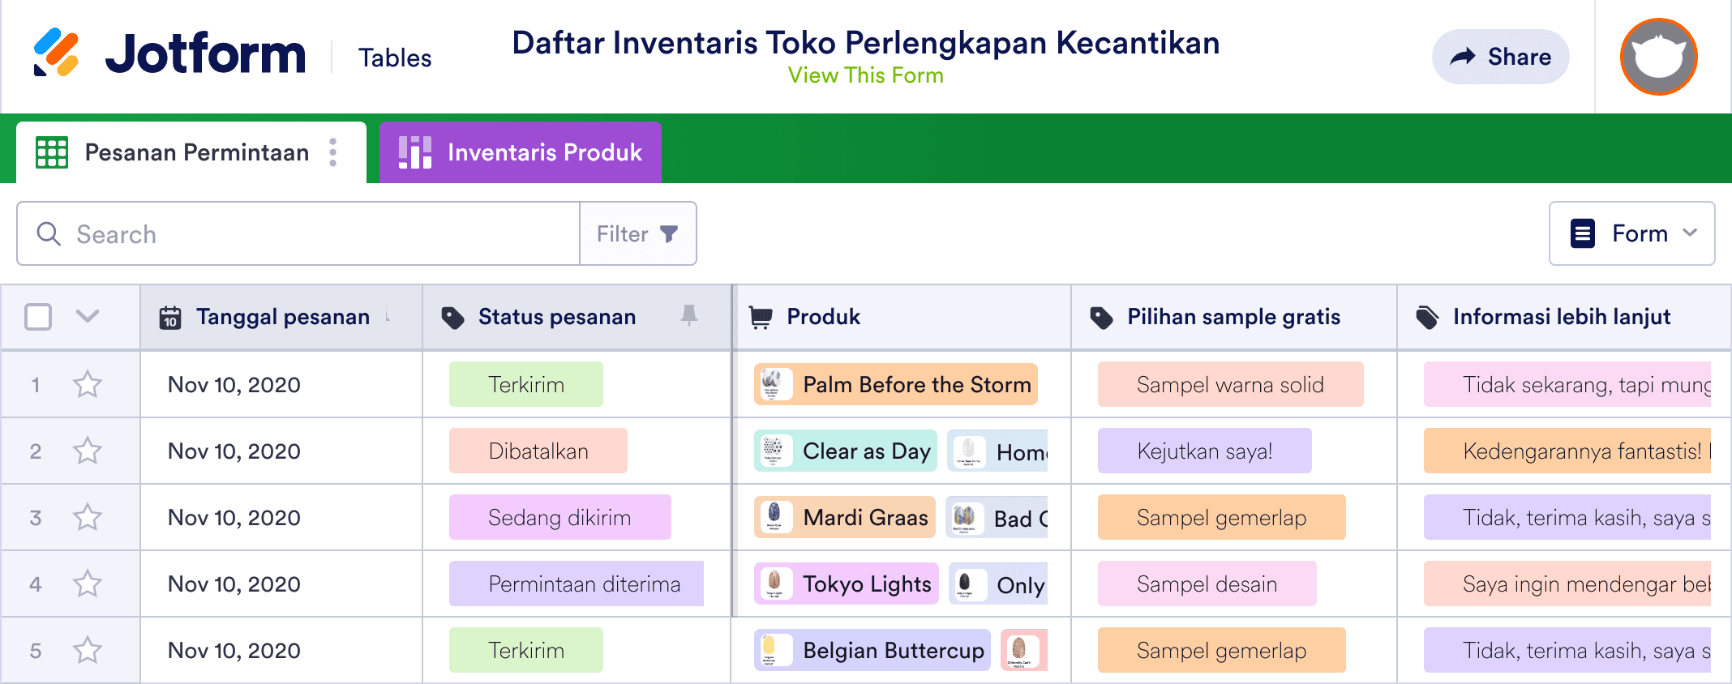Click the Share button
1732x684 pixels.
(x=1500, y=57)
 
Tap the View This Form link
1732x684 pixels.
(x=865, y=75)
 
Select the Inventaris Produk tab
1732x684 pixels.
(x=521, y=152)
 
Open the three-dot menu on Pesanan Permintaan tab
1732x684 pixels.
(x=333, y=152)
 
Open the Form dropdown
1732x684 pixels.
(x=1631, y=234)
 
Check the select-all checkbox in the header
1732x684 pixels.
(x=38, y=317)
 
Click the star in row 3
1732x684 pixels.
(x=88, y=517)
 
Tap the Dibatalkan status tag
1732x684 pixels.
(x=538, y=451)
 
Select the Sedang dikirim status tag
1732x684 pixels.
(x=559, y=518)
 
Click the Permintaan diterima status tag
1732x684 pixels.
(x=584, y=584)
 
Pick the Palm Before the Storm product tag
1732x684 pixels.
(x=896, y=385)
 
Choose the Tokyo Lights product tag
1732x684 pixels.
(x=847, y=584)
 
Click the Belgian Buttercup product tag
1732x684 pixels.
(x=872, y=651)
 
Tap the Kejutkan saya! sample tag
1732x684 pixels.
(x=1204, y=451)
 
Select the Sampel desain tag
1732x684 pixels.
(x=1207, y=584)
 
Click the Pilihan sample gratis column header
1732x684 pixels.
(x=1233, y=317)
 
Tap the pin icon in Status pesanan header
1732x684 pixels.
(x=689, y=315)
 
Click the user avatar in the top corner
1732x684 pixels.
(x=1658, y=57)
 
